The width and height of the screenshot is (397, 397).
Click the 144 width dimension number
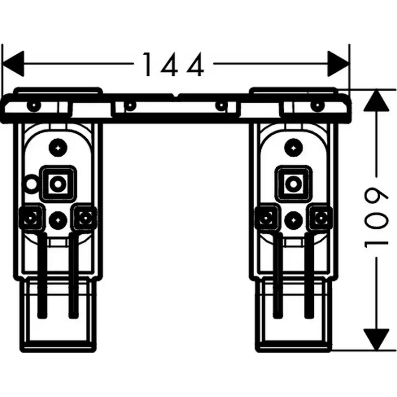tap(174, 65)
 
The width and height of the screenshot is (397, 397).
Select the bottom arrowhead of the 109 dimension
tap(376, 339)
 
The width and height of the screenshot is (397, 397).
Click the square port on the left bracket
tap(58, 183)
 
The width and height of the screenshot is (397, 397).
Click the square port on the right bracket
tap(292, 183)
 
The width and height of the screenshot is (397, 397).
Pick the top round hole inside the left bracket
tap(58, 147)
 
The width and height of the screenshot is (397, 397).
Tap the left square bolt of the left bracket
tap(30, 219)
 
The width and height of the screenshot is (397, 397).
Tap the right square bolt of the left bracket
tap(85, 219)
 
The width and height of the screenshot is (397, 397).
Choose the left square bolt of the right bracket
tap(265, 219)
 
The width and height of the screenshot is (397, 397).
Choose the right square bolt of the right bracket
tap(319, 219)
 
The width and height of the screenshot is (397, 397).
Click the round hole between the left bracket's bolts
tap(58, 220)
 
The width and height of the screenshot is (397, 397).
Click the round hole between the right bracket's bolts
tap(292, 220)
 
